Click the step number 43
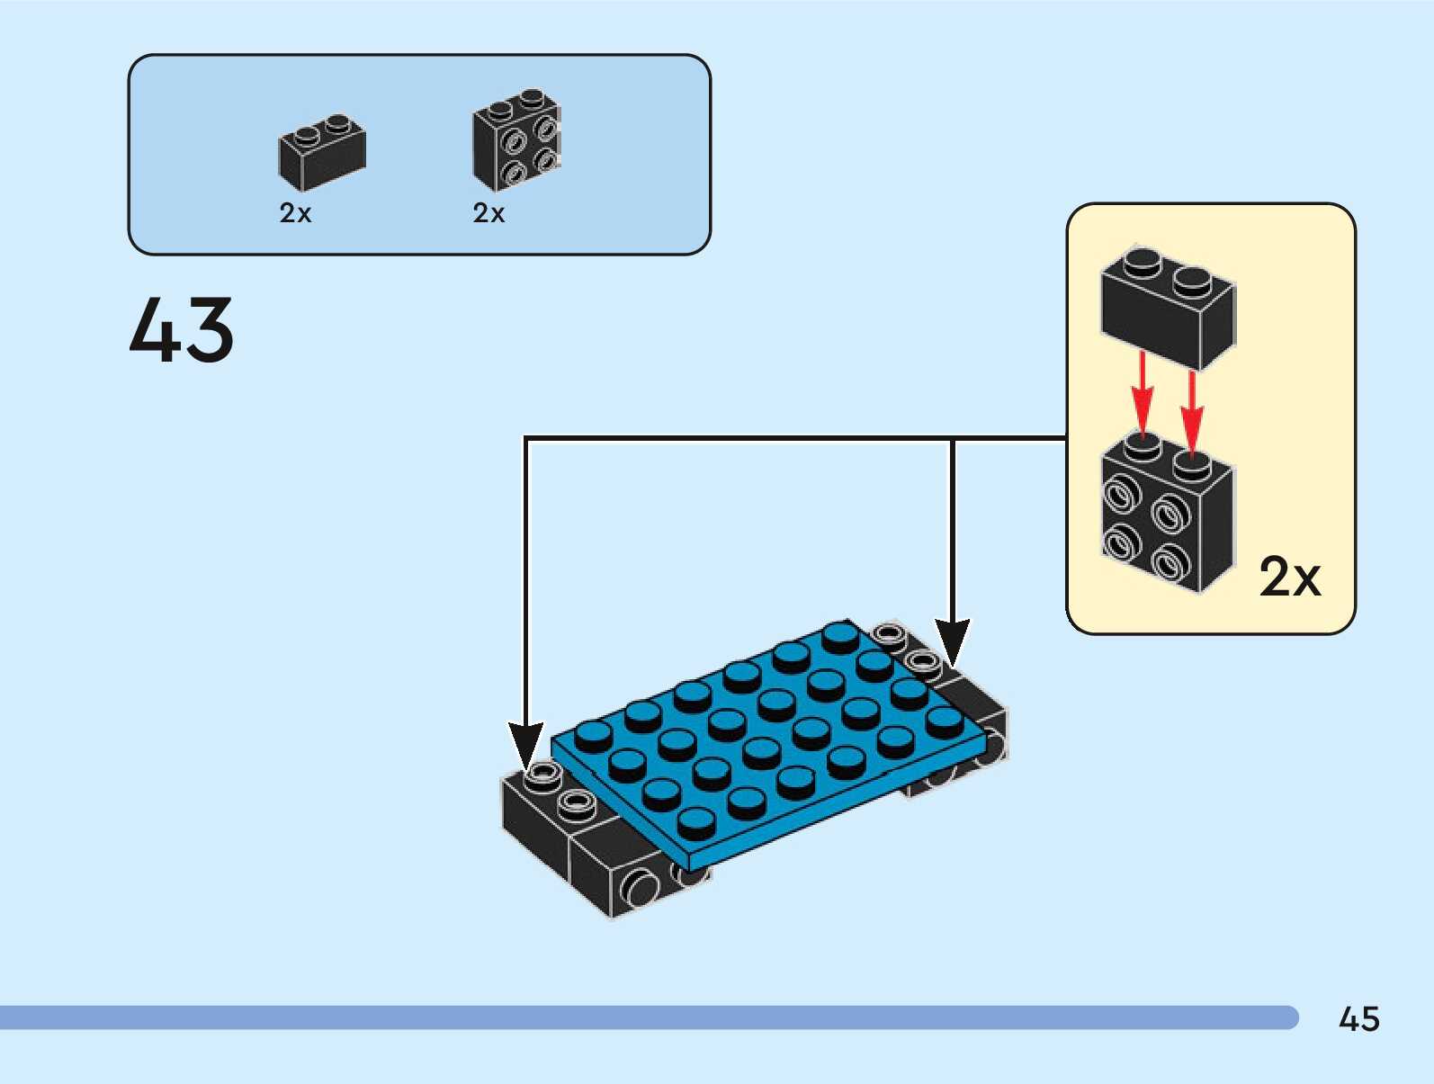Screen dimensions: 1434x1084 (181, 329)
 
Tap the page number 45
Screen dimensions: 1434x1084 (1359, 1018)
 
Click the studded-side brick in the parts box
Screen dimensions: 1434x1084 (516, 139)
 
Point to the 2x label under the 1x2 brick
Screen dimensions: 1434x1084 (295, 213)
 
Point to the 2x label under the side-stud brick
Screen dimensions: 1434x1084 (488, 213)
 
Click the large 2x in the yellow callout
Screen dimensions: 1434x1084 (1290, 577)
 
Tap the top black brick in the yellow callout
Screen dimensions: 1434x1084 (1168, 307)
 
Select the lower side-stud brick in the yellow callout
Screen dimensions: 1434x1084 (1168, 513)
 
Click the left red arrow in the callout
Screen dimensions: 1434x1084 (1142, 395)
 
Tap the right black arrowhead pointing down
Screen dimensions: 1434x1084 (953, 642)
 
